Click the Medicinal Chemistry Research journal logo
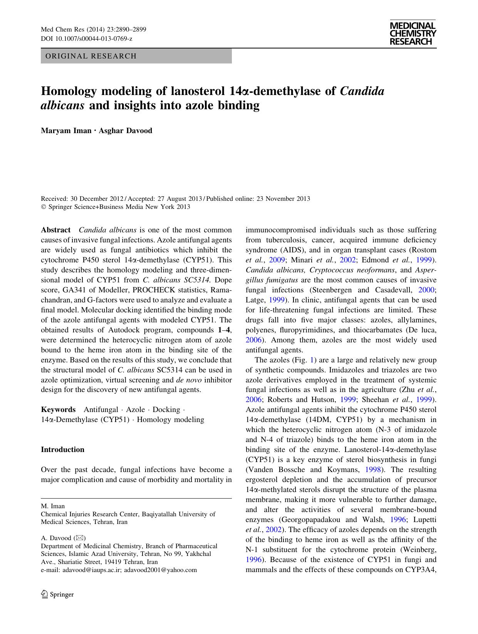click(x=413, y=34)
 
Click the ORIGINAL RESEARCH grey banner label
click(x=91, y=56)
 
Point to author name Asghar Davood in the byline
click(x=126, y=130)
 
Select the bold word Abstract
click(x=55, y=230)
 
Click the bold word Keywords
click(x=58, y=409)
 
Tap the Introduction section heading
click(x=62, y=449)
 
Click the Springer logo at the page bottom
click(x=57, y=594)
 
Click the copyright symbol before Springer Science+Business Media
click(x=43, y=207)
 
